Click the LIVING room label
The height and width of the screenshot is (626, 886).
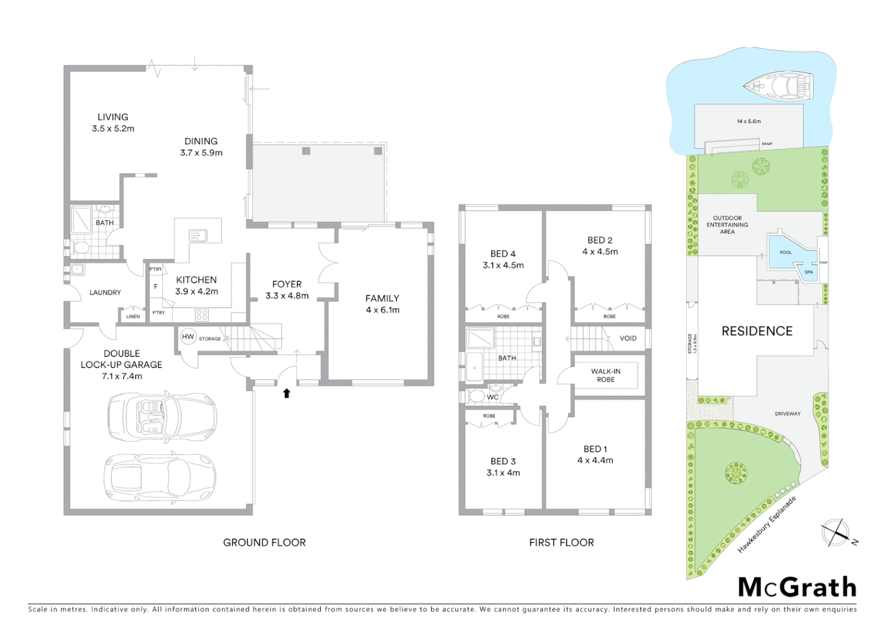click(x=112, y=117)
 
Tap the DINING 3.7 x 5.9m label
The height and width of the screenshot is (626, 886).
click(x=201, y=147)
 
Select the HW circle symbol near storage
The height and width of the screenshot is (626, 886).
click(x=188, y=337)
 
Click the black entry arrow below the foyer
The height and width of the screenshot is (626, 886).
click(x=286, y=394)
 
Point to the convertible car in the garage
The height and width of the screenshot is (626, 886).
click(x=162, y=416)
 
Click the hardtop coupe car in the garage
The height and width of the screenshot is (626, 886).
click(x=160, y=478)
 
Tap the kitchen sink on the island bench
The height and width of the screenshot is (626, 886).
click(x=198, y=235)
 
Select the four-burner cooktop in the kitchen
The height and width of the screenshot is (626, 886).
click(x=202, y=315)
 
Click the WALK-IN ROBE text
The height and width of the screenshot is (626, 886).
click(x=605, y=376)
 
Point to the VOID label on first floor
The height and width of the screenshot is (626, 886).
click(x=628, y=339)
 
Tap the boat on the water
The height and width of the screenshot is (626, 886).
click(x=779, y=86)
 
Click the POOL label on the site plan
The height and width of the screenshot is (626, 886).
click(x=785, y=253)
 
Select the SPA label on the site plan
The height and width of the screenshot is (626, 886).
click(x=808, y=272)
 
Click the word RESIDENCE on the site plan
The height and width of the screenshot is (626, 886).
click(x=757, y=331)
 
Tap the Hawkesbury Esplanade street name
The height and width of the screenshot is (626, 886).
click(x=767, y=525)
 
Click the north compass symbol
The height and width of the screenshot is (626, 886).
click(x=836, y=533)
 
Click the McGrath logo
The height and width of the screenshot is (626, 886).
click(x=797, y=587)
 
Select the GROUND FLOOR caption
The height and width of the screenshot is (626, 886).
click(x=264, y=543)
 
